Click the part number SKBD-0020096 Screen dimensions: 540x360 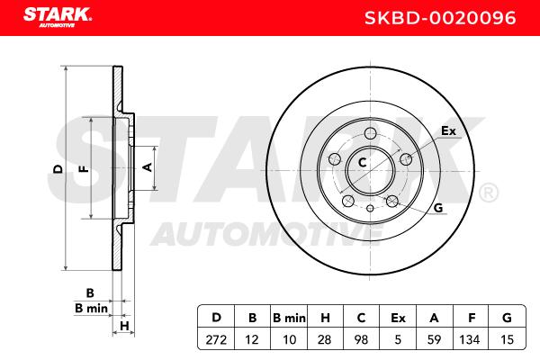click(440, 18)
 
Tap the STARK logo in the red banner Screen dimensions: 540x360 click(58, 17)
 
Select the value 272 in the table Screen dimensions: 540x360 click(216, 340)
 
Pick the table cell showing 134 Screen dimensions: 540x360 click(470, 340)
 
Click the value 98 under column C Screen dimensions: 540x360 click(361, 340)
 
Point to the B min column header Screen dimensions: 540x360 click(289, 318)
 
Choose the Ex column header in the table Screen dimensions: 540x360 click(398, 318)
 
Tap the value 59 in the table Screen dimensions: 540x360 click(434, 340)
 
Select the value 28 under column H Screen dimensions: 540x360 click(324, 340)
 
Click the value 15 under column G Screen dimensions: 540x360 click(507, 340)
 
